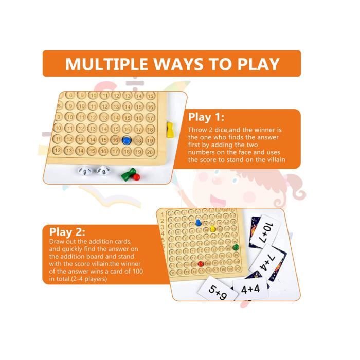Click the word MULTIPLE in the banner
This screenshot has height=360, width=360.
(107, 64)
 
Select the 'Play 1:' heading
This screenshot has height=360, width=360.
(206, 117)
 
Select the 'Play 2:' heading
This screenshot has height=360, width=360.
(67, 232)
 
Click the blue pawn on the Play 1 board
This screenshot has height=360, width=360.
(127, 140)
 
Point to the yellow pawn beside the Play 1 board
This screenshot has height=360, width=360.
(170, 130)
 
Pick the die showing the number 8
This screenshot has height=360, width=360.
(103, 171)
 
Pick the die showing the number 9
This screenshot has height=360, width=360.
(85, 171)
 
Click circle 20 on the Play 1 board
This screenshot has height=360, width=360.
(150, 152)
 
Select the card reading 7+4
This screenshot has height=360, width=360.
(267, 262)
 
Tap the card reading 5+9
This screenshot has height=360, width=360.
(218, 289)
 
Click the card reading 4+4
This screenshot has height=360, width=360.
(250, 289)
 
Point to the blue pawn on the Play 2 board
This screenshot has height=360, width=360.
(198, 223)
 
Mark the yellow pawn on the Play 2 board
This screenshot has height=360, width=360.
(212, 229)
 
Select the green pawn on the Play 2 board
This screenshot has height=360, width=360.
(236, 247)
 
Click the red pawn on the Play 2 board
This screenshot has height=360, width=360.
(201, 264)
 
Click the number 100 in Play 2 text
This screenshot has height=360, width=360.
(138, 271)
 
